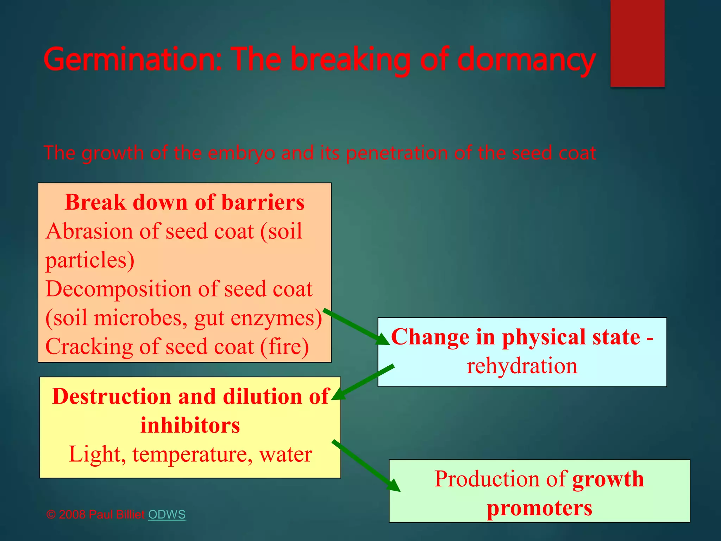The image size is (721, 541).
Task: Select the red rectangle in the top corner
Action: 637,43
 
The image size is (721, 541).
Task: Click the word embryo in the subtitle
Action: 241,153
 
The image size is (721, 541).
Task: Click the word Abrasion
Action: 89,231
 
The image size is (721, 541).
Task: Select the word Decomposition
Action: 118,289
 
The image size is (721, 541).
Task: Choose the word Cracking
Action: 89,347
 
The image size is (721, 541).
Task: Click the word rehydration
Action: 522,366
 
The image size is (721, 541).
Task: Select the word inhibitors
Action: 190,425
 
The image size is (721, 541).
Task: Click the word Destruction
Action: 111,396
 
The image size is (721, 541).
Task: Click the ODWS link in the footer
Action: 167,514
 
